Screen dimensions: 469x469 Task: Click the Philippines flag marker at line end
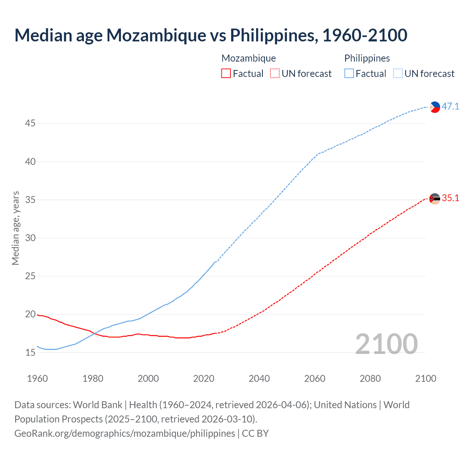click(435, 107)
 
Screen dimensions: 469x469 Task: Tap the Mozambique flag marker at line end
click(435, 199)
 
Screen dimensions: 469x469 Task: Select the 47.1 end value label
click(450, 106)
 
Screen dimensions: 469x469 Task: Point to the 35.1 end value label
click(450, 198)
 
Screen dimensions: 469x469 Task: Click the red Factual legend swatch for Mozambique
click(226, 73)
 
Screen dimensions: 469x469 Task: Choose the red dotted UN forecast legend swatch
click(275, 73)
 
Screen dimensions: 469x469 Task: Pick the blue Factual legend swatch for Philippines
click(349, 73)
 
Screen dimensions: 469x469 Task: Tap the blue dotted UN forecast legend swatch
click(398, 73)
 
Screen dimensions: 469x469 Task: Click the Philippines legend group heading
click(367, 58)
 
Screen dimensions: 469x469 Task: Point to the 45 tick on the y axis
click(30, 123)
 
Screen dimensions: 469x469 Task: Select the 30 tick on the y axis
click(30, 238)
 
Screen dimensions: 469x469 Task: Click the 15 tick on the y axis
click(30, 353)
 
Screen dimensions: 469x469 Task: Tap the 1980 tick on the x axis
click(93, 378)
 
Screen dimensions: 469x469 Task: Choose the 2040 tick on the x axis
click(259, 378)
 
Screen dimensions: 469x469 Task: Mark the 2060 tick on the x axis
click(315, 378)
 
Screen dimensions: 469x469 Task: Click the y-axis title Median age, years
click(15, 228)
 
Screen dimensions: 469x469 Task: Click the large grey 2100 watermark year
click(386, 344)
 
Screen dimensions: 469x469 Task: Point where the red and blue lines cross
click(95, 333)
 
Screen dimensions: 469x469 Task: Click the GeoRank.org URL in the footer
click(125, 433)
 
